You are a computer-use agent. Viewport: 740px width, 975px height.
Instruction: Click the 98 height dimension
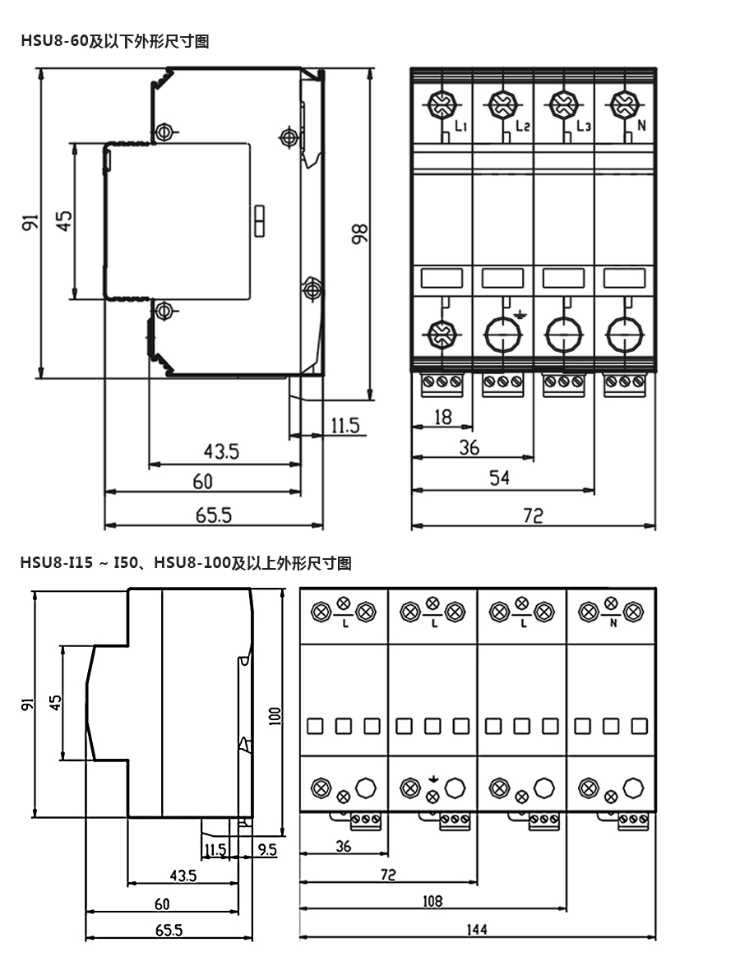tap(360, 233)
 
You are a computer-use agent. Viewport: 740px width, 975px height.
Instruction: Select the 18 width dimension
tap(442, 417)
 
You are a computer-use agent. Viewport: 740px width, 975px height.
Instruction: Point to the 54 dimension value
tap(500, 478)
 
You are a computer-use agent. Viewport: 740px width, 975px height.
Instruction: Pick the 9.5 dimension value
tap(267, 848)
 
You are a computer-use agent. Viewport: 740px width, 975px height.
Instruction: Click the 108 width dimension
tap(432, 900)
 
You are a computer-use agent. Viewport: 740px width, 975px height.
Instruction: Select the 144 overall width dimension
tap(477, 929)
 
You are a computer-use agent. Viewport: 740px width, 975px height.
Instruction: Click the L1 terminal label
tap(460, 127)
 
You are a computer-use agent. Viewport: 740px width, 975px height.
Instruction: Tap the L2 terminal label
tap(522, 127)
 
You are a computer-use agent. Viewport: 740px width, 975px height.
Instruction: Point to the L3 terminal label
tap(584, 127)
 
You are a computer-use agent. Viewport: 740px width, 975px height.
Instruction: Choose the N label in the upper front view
tap(643, 127)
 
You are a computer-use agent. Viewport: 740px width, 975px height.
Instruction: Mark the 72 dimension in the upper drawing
tap(533, 515)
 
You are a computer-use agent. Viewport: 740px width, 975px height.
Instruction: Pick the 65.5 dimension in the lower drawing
tap(167, 930)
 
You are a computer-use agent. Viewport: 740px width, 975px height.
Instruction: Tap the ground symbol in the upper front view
tap(519, 314)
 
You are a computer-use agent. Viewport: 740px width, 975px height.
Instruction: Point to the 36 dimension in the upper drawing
tap(469, 448)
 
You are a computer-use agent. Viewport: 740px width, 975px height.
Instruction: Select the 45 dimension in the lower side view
tap(55, 703)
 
